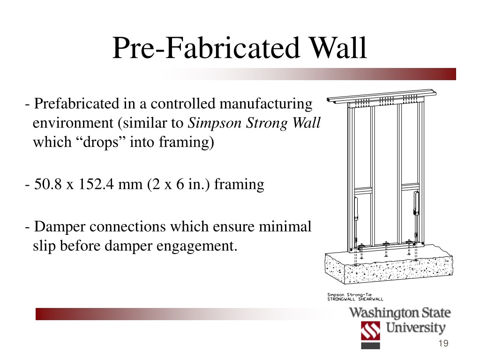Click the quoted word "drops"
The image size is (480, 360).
tap(101, 142)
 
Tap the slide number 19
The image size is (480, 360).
tap(443, 343)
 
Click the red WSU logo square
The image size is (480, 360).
tap(370, 330)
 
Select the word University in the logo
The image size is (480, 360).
tap(415, 328)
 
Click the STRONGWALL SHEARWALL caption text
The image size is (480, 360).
tap(355, 299)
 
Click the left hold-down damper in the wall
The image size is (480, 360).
tap(356, 209)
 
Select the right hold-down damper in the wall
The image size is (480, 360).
tap(416, 203)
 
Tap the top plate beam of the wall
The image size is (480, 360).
tap(382, 96)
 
